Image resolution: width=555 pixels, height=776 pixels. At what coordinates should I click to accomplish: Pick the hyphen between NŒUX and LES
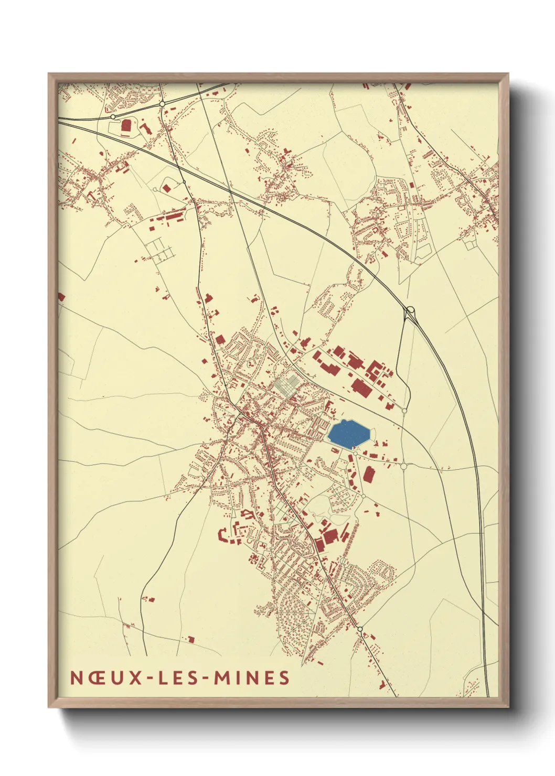pyautogui.click(x=149, y=678)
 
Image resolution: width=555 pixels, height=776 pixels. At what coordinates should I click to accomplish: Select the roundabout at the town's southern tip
pyautogui.click(x=360, y=628)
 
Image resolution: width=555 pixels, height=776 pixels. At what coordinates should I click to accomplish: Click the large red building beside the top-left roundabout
pyautogui.click(x=126, y=125)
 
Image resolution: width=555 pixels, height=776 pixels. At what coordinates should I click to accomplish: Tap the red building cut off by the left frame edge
pyautogui.click(x=61, y=297)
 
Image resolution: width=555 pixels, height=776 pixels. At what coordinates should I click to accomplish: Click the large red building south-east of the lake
pyautogui.click(x=369, y=475)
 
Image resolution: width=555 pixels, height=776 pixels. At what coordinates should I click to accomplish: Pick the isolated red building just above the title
pyautogui.click(x=191, y=639)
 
